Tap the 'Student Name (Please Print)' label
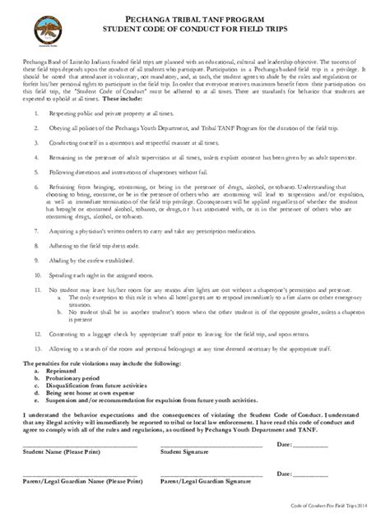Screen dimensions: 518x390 [x=65, y=451]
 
